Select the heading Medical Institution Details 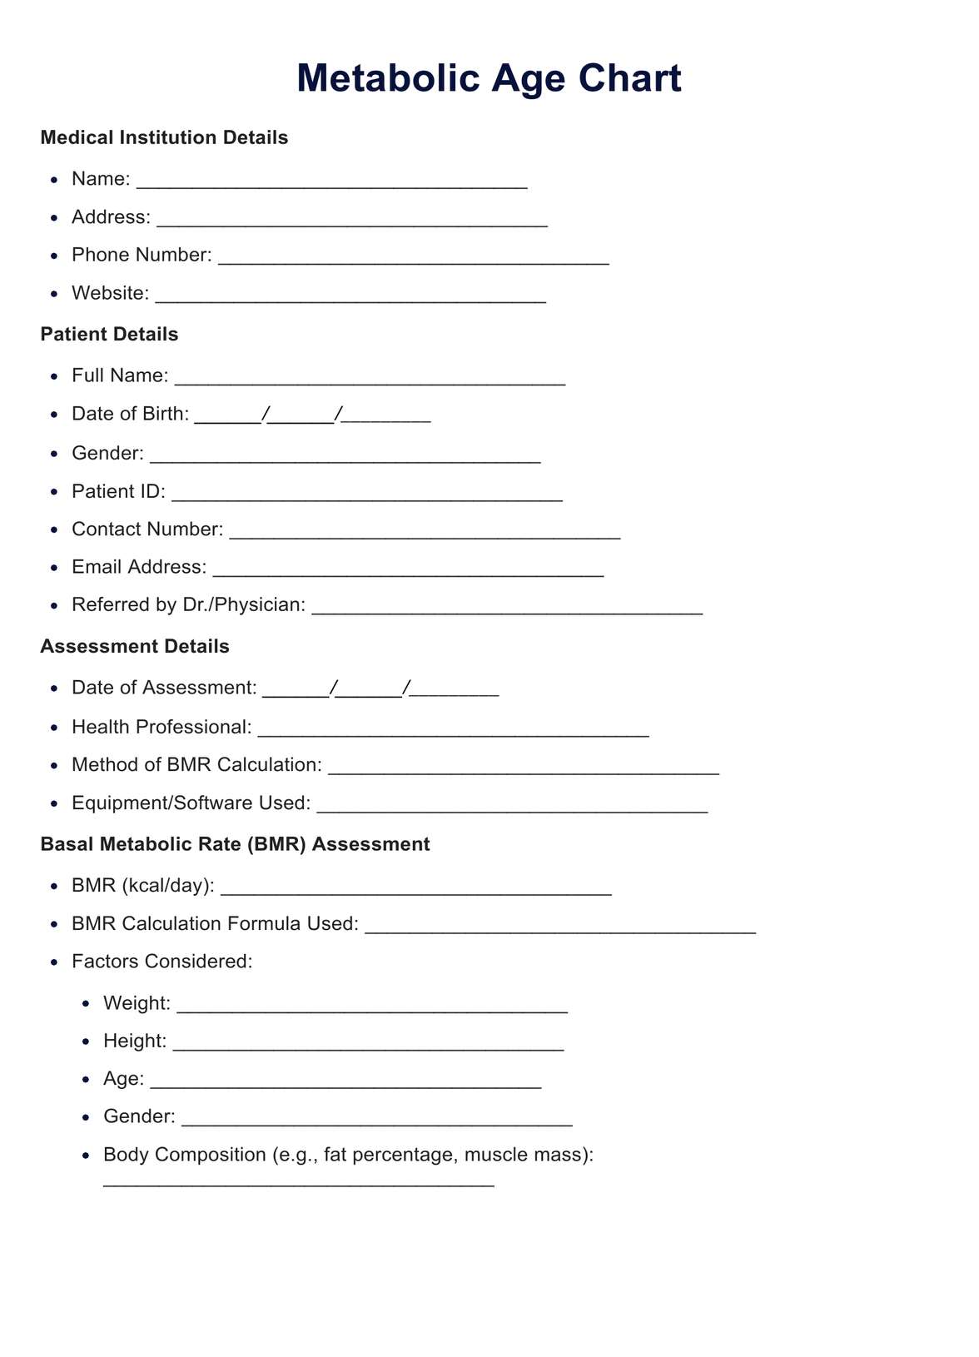[164, 137]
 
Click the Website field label [110, 293]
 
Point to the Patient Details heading [109, 334]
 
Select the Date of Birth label [130, 414]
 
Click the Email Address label [139, 567]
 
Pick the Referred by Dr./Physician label [188, 604]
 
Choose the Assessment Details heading [135, 646]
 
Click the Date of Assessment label [164, 688]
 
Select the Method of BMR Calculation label [196, 764]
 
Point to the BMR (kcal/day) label [143, 885]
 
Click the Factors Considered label [162, 962]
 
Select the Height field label [135, 1041]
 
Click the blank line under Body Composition [298, 1182]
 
